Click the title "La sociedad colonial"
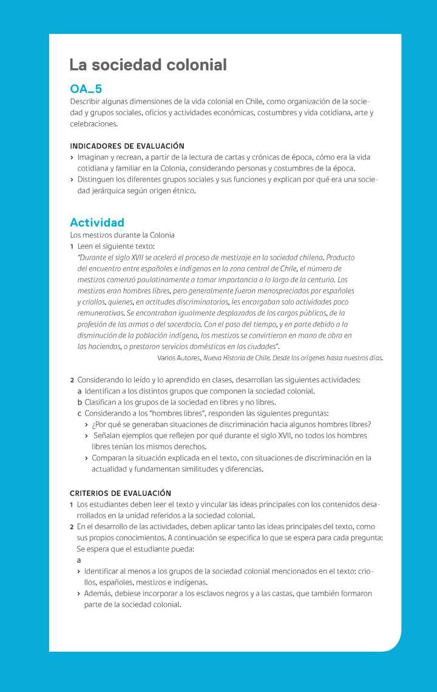pyautogui.click(x=148, y=65)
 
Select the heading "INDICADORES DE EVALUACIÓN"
pyautogui.click(x=127, y=146)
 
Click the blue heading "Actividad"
pyautogui.click(x=97, y=222)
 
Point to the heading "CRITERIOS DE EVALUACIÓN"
pyautogui.click(x=120, y=493)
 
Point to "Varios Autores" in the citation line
pyautogui.click(x=178, y=358)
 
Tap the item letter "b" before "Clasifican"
pyautogui.click(x=80, y=402)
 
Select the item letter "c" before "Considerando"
pyautogui.click(x=80, y=413)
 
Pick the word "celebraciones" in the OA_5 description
pyautogui.click(x=93, y=124)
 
